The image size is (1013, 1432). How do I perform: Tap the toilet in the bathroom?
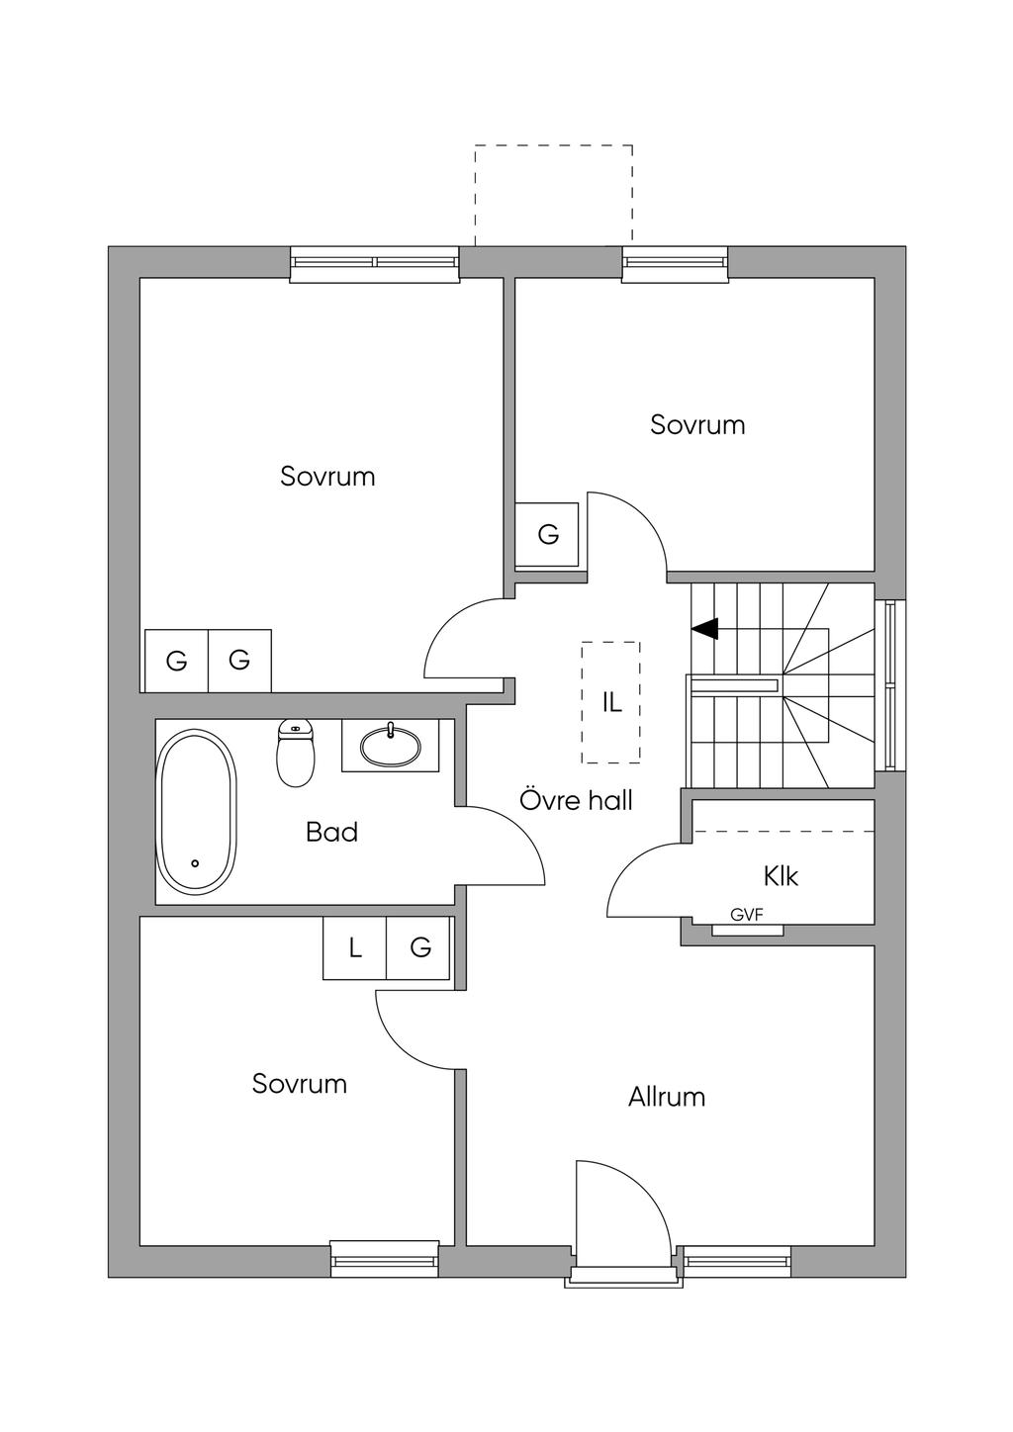pyautogui.click(x=296, y=754)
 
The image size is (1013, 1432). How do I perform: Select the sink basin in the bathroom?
pyautogui.click(x=390, y=746)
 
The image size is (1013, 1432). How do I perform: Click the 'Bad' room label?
pyautogui.click(x=331, y=833)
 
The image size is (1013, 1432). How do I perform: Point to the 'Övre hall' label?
pyautogui.click(x=576, y=800)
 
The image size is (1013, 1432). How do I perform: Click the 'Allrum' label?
pyautogui.click(x=667, y=1097)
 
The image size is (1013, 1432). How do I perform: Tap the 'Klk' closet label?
pyautogui.click(x=781, y=876)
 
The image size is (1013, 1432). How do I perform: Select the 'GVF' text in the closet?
pyautogui.click(x=747, y=916)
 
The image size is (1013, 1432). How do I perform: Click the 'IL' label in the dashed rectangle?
pyautogui.click(x=611, y=702)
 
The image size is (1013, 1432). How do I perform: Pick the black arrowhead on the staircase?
pyautogui.click(x=704, y=628)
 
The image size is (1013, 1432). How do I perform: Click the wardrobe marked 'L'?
pyautogui.click(x=354, y=948)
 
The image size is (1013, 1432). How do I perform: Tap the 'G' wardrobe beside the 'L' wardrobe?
pyautogui.click(x=420, y=948)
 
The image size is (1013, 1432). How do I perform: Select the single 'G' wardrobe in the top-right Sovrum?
pyautogui.click(x=547, y=535)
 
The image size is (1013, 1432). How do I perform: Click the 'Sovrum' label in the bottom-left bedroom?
pyautogui.click(x=299, y=1084)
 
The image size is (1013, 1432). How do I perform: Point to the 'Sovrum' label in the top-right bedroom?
pyautogui.click(x=697, y=425)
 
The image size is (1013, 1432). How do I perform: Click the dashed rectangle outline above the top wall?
pyautogui.click(x=553, y=146)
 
